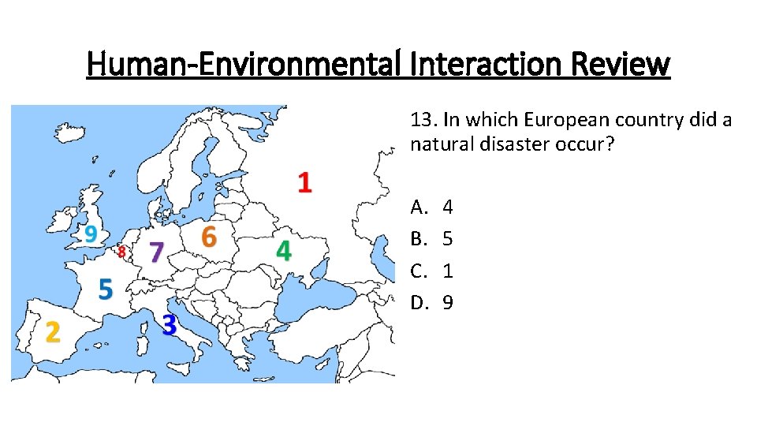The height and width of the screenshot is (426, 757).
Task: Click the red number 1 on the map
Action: [304, 182]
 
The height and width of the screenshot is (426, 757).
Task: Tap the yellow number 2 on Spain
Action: [52, 332]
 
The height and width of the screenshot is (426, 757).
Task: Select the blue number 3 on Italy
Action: [169, 324]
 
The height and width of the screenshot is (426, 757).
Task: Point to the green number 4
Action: [283, 251]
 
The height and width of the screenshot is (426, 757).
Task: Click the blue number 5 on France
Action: [105, 289]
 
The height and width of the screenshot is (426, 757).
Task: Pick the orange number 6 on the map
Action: [208, 236]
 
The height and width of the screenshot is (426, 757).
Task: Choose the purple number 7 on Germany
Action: [156, 253]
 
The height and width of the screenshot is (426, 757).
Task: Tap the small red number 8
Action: [121, 252]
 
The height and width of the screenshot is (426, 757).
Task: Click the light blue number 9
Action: [91, 234]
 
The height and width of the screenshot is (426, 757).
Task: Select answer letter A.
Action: [418, 207]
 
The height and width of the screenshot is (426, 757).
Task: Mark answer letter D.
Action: [418, 302]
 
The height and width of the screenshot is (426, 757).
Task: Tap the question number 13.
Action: [423, 120]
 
